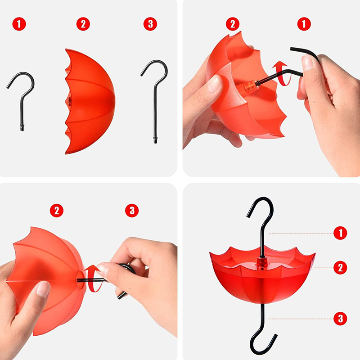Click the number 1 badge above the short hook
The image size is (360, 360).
click(x=19, y=24)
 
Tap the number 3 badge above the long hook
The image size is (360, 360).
click(x=150, y=24)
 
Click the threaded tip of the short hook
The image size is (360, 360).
click(x=22, y=128)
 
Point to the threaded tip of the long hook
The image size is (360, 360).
click(x=155, y=140)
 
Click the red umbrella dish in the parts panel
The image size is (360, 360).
click(x=90, y=101)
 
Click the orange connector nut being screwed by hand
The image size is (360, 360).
click(x=249, y=86)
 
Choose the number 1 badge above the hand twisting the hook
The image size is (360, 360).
click(x=304, y=24)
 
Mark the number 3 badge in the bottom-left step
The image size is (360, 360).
click(x=132, y=211)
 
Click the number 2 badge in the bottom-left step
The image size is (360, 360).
click(x=57, y=211)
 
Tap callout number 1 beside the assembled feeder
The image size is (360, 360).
click(x=340, y=233)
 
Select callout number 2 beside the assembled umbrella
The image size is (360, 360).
click(x=340, y=268)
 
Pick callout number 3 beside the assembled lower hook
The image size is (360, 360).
click(x=340, y=319)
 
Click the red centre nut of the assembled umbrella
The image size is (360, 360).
click(x=262, y=263)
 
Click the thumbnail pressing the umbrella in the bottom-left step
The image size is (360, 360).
click(x=43, y=289)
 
